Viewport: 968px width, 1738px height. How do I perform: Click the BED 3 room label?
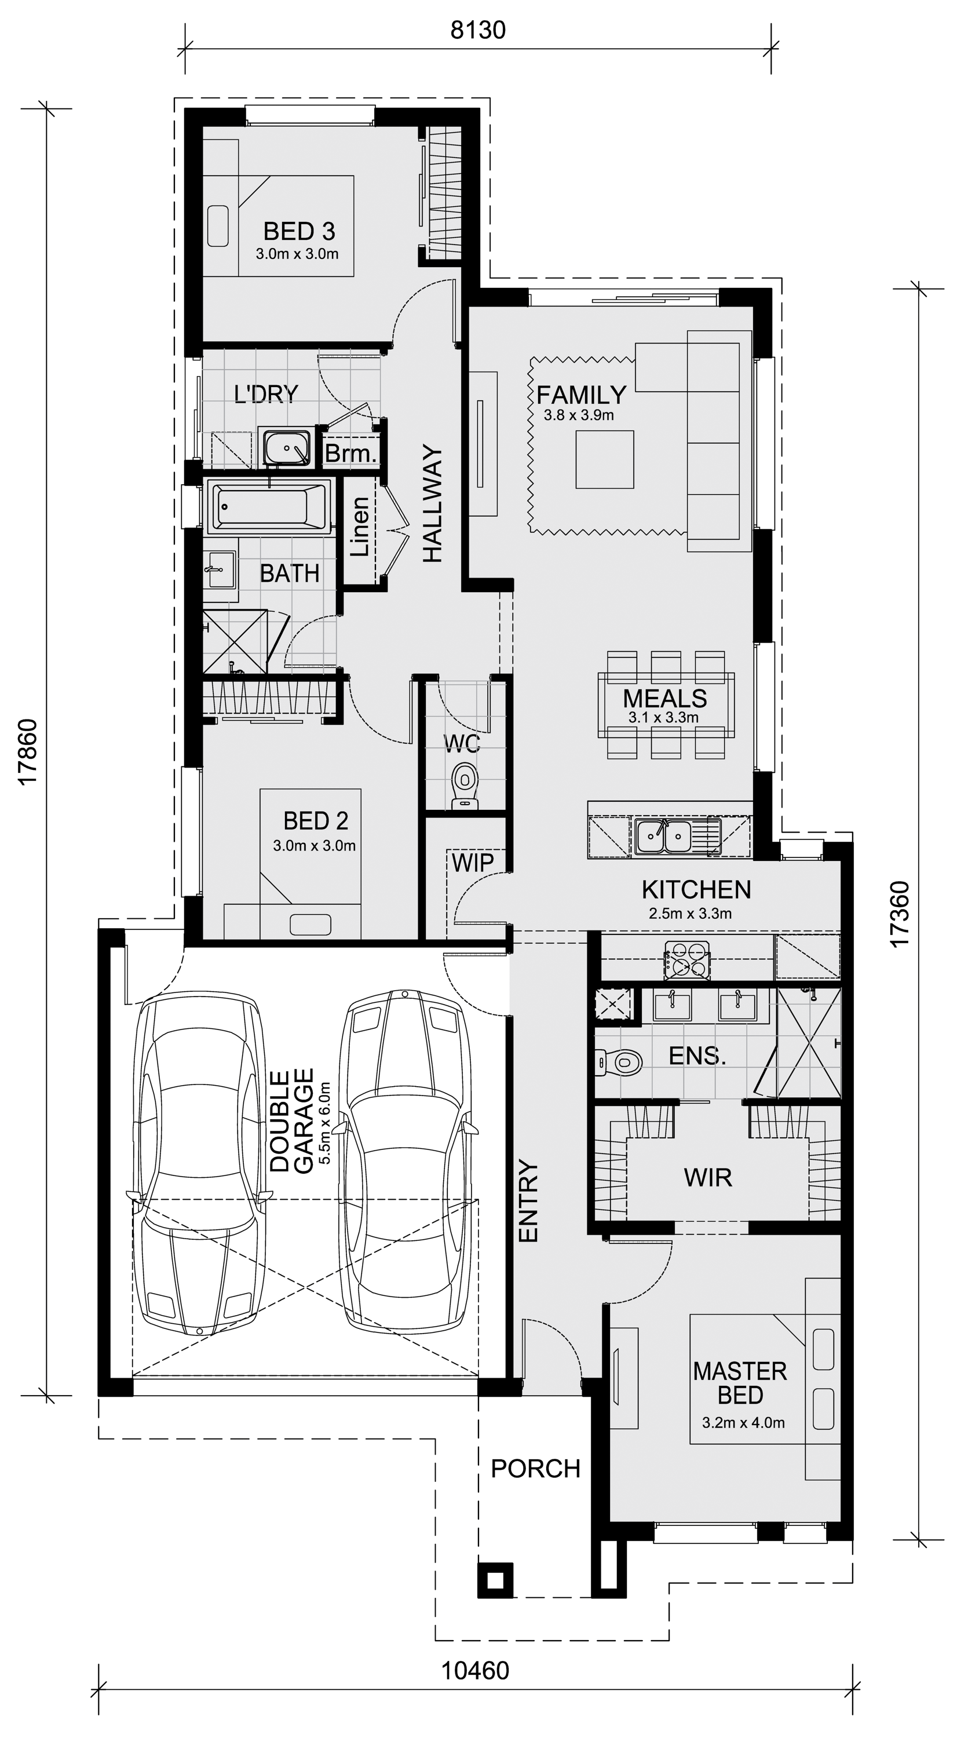click(299, 231)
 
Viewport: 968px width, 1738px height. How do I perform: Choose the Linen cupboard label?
click(360, 526)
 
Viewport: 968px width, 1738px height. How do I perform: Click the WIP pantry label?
click(472, 862)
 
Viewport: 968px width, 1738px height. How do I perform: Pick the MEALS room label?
click(664, 698)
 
